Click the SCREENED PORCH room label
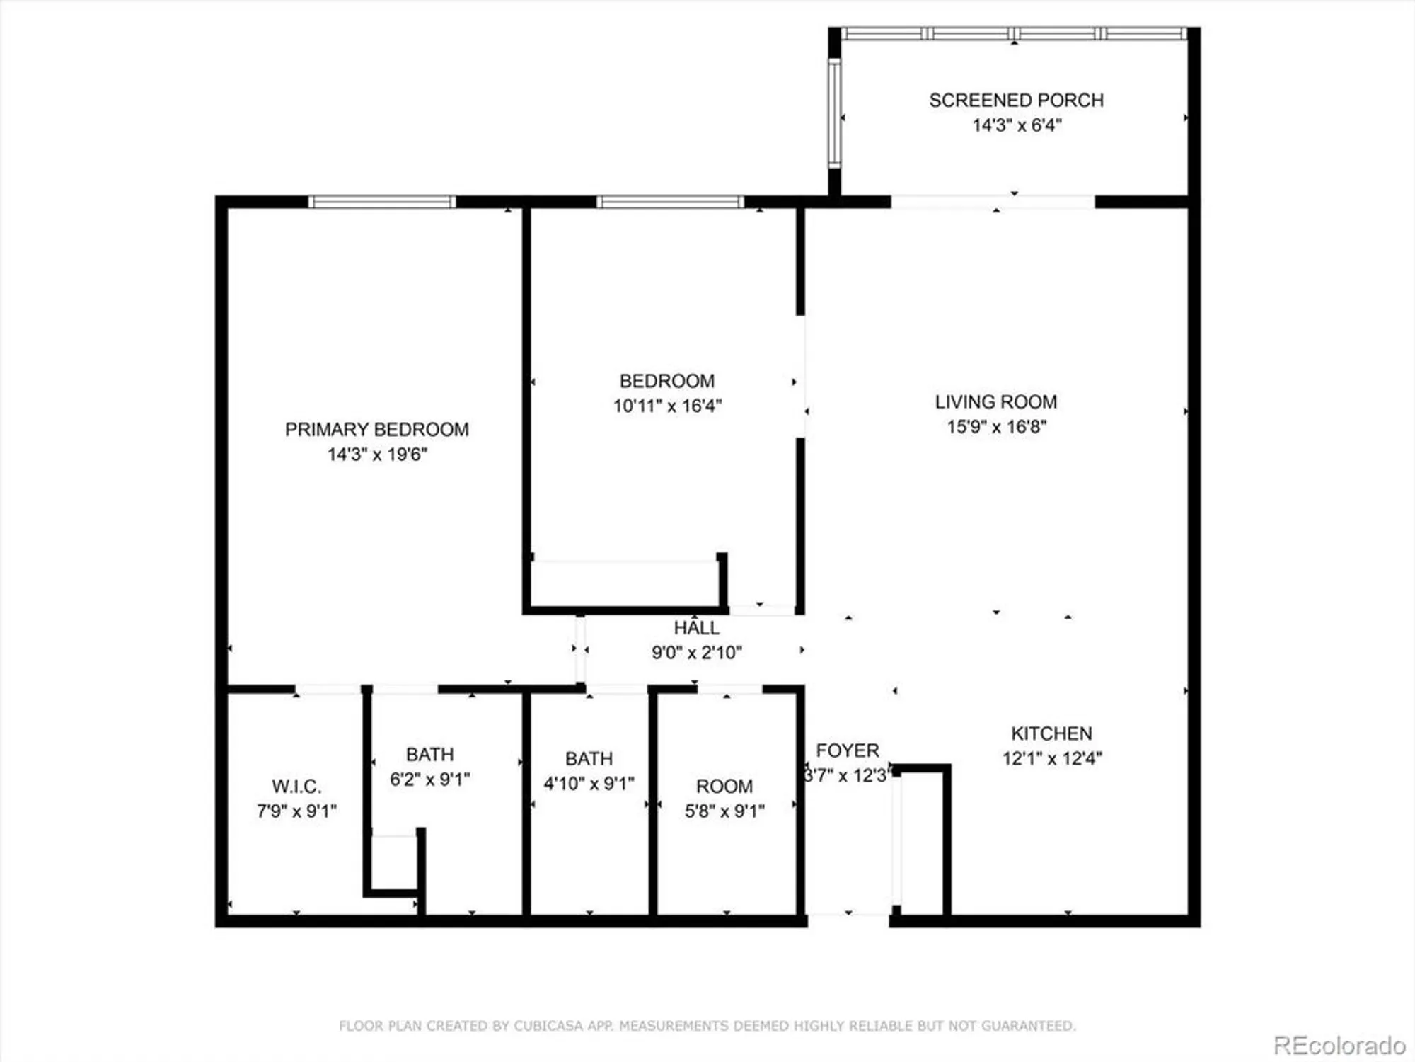(1016, 101)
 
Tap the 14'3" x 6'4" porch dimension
(1017, 125)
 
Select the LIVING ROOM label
(996, 402)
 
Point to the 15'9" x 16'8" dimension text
(996, 427)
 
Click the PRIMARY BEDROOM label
(376, 430)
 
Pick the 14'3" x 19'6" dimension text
(377, 455)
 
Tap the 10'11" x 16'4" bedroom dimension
(667, 406)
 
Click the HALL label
(696, 628)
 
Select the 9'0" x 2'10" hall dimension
(696, 653)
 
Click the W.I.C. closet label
(296, 787)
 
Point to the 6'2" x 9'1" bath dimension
(429, 780)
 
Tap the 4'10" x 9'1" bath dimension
(589, 784)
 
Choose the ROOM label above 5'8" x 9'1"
(724, 787)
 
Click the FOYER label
(847, 750)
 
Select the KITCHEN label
(1051, 733)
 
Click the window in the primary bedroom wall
(382, 202)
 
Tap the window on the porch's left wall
(834, 113)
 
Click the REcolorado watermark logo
(1339, 1045)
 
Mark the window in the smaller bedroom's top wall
(670, 202)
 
